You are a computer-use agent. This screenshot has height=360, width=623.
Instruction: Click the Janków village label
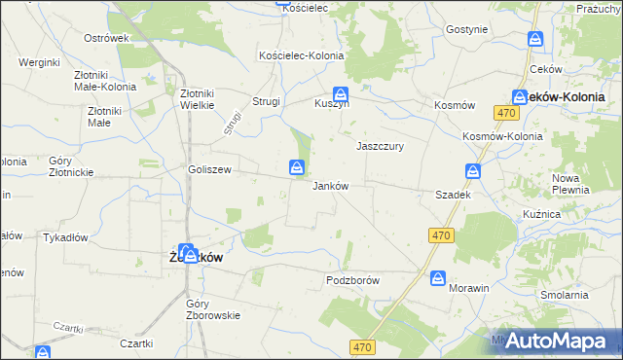click(330, 186)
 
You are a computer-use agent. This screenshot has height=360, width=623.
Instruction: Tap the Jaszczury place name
click(380, 146)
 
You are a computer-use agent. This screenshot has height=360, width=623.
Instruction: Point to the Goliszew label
click(209, 168)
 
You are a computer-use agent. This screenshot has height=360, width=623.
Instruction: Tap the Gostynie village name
click(466, 29)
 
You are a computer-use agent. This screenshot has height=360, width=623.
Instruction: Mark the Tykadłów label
click(66, 236)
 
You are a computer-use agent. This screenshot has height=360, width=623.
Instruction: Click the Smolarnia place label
click(566, 294)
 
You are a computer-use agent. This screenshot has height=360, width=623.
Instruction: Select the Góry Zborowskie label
click(213, 309)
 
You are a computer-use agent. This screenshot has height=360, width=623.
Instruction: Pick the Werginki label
click(39, 62)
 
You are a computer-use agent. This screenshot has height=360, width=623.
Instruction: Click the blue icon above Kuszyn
click(340, 86)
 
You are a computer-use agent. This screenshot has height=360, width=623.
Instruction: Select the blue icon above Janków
click(297, 169)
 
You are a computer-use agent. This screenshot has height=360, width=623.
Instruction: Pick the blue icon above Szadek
click(473, 172)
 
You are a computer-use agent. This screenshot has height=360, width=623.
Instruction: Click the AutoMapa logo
click(561, 341)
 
